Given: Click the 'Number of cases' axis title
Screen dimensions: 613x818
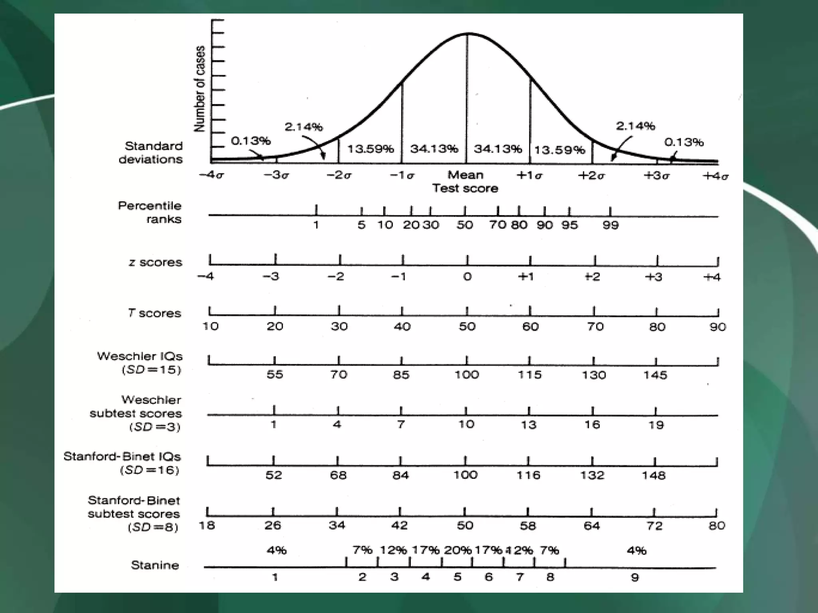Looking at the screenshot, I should [199, 89].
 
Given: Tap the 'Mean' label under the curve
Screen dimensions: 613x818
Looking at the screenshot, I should [465, 175].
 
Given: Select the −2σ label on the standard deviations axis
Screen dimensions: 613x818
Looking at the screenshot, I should [339, 175].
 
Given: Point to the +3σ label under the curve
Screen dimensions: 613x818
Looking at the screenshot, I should [656, 175].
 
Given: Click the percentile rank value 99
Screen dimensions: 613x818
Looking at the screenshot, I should [610, 225].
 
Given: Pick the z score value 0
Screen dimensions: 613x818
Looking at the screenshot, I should [467, 277].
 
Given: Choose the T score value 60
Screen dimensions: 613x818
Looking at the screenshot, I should [530, 326].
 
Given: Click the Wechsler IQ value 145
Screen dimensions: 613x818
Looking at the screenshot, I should [655, 375].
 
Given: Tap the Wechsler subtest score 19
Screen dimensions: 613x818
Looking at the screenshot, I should [656, 425].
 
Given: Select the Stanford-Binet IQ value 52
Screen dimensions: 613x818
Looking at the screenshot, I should [274, 475].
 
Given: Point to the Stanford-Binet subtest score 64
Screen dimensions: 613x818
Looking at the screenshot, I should [592, 525].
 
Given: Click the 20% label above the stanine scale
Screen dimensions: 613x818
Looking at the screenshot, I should [458, 550].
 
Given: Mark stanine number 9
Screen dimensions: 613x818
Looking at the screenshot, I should [635, 577].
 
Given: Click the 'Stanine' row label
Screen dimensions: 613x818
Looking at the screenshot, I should [155, 565].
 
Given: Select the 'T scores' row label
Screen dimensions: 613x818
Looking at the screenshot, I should [155, 313].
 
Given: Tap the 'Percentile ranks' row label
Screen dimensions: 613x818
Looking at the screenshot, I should [150, 212].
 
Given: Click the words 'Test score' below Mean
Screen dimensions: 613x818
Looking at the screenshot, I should [465, 188].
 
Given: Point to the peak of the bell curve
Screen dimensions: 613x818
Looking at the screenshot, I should [468, 34].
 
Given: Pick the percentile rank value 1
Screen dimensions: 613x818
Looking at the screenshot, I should [316, 225].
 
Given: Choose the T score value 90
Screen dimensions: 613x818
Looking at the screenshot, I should [717, 327].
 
